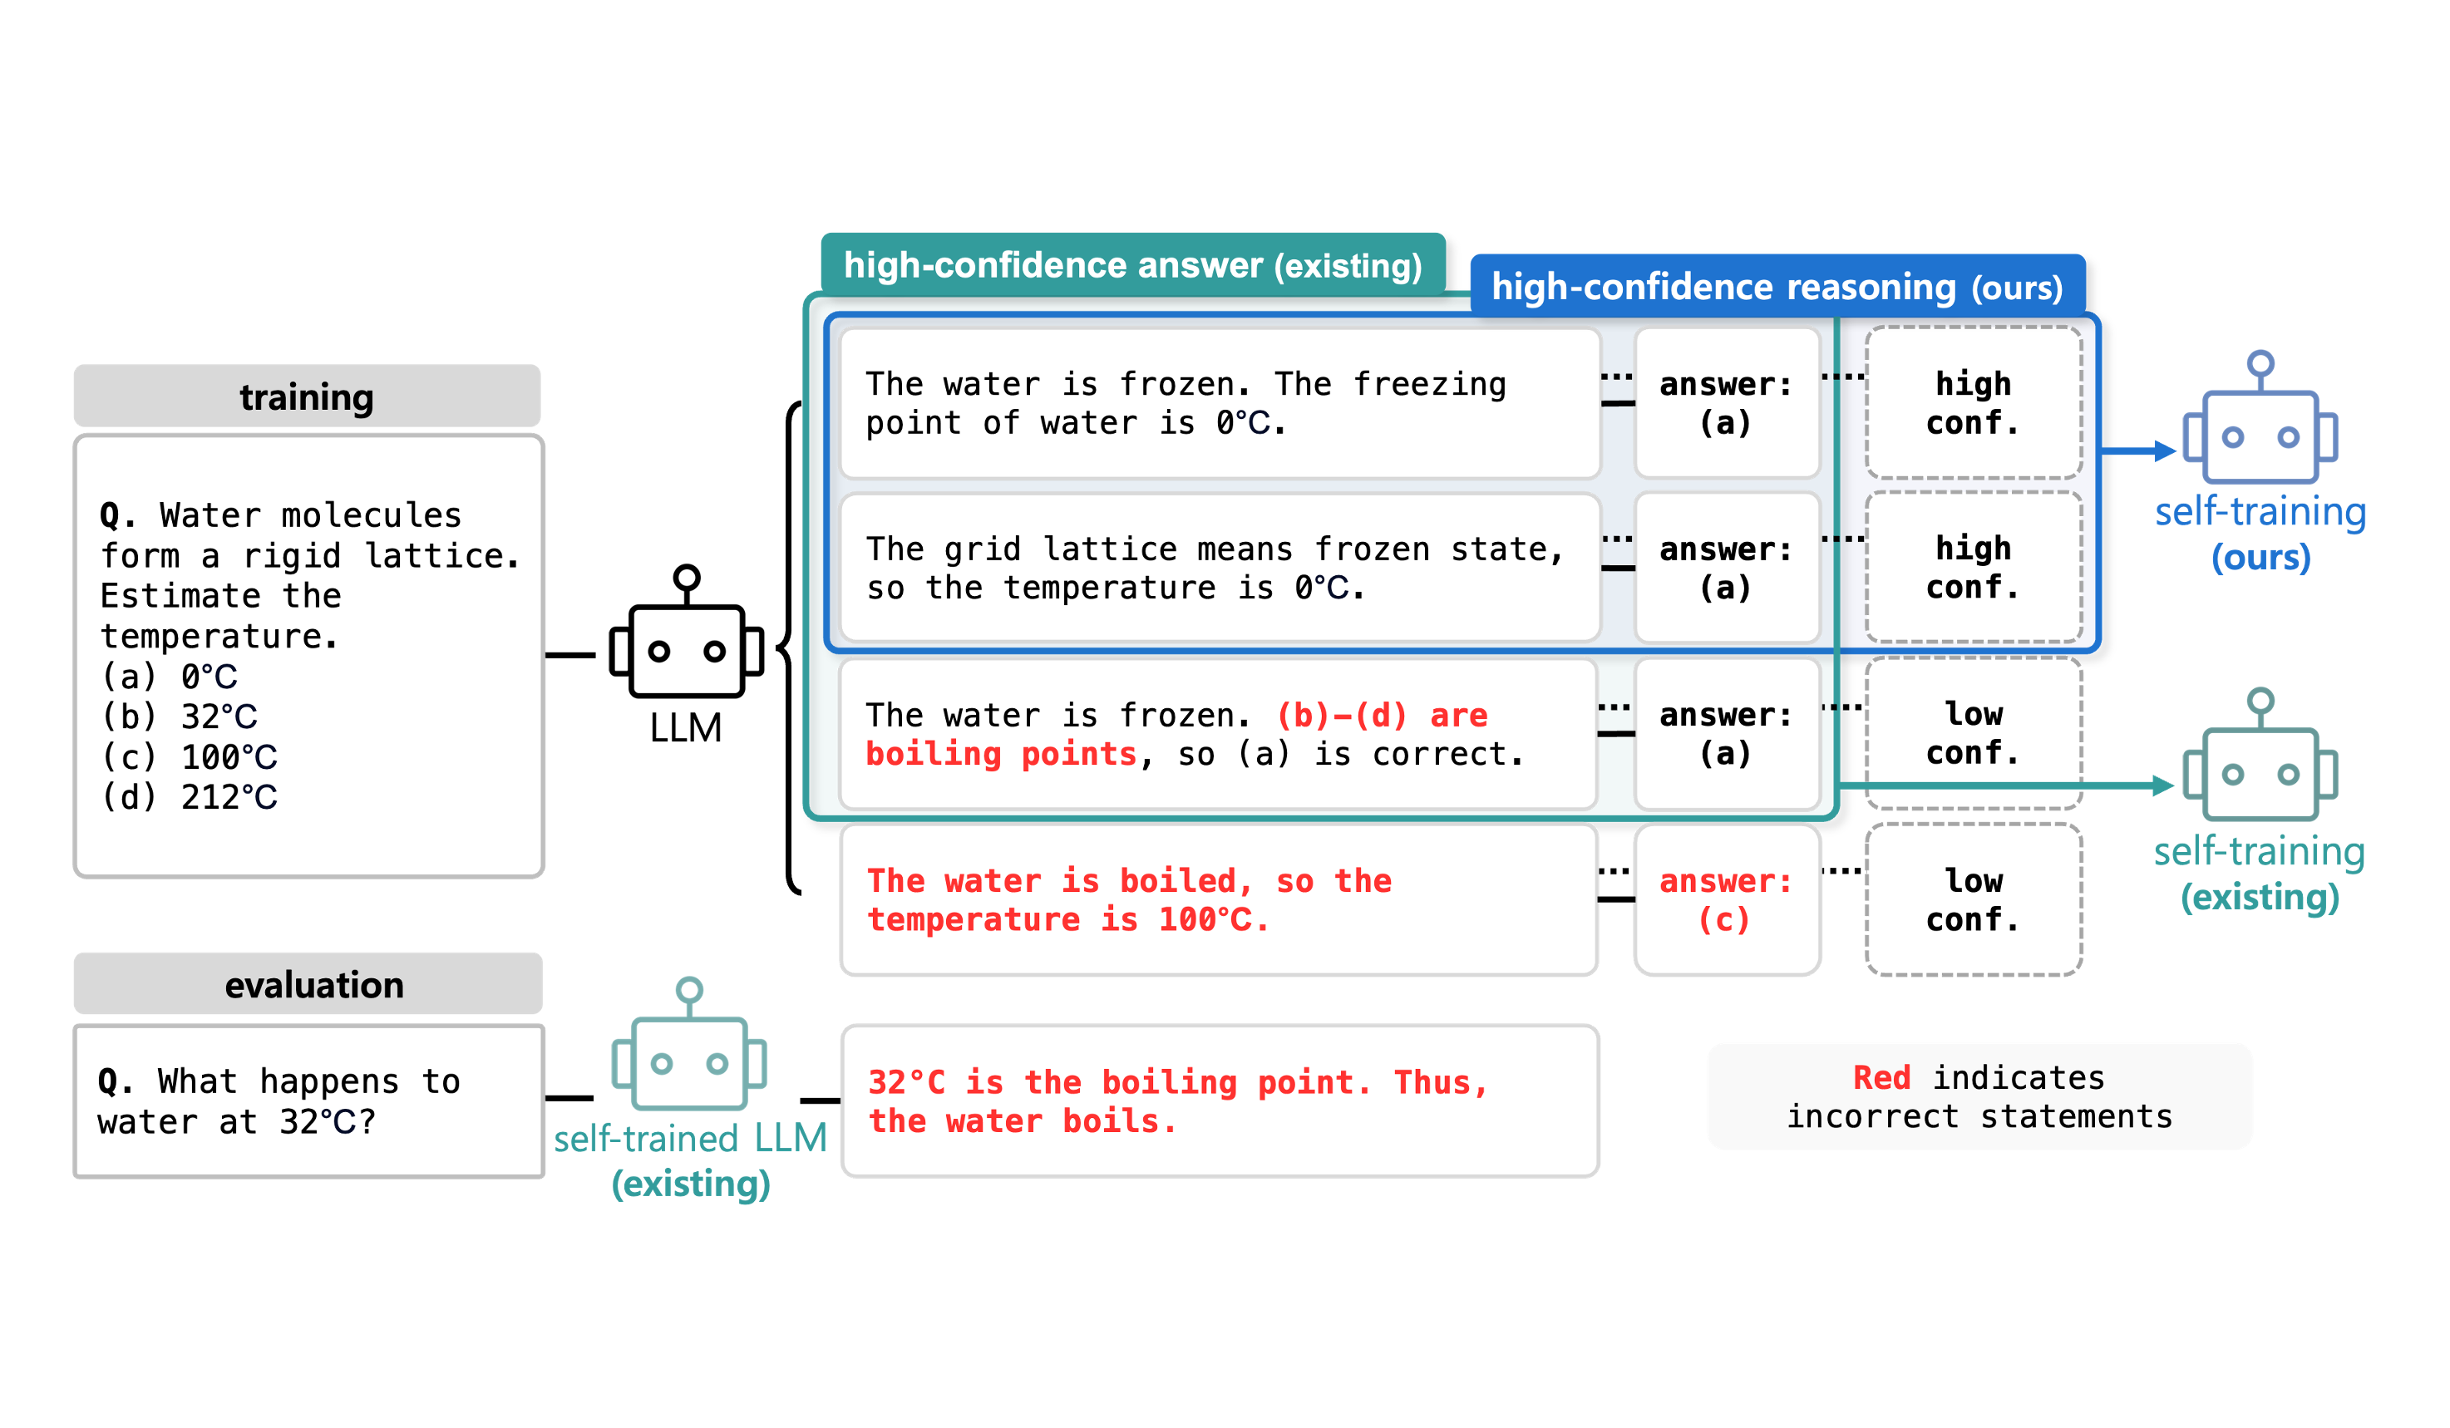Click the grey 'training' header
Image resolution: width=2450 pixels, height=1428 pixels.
tap(306, 396)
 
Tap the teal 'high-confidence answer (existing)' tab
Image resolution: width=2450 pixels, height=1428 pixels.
tap(1132, 264)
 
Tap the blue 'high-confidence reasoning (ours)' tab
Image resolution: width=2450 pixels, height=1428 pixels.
tap(1777, 286)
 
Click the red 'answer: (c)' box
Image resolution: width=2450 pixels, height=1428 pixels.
tap(1726, 899)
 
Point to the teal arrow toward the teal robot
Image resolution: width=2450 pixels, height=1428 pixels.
tap(2003, 785)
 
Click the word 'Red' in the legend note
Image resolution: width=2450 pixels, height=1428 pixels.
tap(1881, 1077)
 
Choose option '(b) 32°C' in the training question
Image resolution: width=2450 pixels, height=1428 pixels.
tap(179, 716)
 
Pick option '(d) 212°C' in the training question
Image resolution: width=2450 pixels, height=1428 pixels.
tap(189, 797)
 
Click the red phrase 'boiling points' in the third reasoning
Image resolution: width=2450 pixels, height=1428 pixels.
tap(1002, 755)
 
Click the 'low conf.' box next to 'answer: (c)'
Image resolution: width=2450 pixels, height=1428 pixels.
tap(1973, 899)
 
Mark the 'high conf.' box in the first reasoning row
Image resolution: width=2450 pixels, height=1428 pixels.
tap(1973, 402)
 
